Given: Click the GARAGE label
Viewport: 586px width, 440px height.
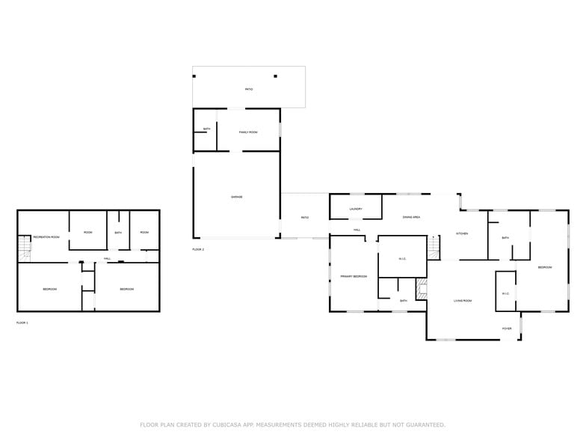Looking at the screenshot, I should [x=236, y=197].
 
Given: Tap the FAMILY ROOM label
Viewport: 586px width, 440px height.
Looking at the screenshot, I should [x=248, y=132].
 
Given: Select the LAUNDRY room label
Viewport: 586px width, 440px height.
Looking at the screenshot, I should [x=356, y=209].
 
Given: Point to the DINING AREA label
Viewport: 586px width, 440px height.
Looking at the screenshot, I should [x=411, y=217].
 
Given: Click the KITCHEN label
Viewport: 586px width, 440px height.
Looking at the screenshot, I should [x=462, y=234].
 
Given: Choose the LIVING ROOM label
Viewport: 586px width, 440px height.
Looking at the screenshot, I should [x=463, y=301].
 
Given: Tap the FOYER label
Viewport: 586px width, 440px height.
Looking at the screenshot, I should [x=507, y=329].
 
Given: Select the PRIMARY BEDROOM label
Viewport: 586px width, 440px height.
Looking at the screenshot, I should [x=354, y=276].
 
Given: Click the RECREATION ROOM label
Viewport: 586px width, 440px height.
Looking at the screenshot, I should [x=46, y=236].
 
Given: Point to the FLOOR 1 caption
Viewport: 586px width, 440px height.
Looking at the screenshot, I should [x=22, y=323].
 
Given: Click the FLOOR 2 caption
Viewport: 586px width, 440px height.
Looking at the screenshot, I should [x=198, y=248].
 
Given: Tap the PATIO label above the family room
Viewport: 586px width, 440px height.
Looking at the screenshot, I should [x=249, y=89].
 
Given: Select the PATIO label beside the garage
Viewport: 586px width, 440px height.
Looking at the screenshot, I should [x=305, y=218].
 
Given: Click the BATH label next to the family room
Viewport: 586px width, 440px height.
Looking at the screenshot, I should [x=206, y=129].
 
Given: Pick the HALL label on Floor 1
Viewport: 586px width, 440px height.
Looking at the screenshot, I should [x=107, y=259].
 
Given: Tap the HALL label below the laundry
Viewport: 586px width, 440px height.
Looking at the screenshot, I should [x=357, y=230].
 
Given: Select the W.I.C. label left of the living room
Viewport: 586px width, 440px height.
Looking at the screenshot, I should [x=402, y=259].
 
